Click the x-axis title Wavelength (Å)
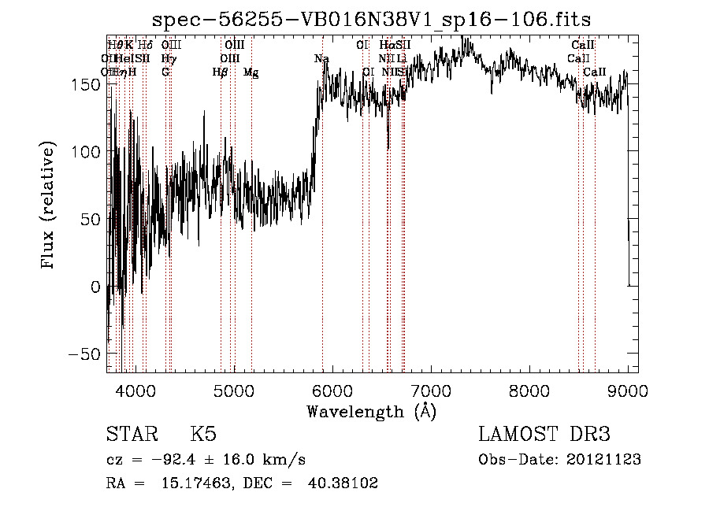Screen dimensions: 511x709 tap(372, 411)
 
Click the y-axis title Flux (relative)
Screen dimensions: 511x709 tap(50, 206)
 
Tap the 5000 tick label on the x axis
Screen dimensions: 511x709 tap(233, 391)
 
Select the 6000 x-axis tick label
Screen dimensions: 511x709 tap(332, 391)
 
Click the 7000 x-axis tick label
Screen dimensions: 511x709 tap(431, 391)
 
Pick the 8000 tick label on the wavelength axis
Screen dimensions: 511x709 tap(529, 391)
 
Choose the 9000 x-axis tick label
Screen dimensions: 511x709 tap(628, 391)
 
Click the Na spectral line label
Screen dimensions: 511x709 tap(321, 59)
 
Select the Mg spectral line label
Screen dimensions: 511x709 tap(251, 72)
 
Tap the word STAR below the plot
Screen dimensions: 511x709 tap(132, 435)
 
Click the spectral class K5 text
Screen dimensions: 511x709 tap(202, 435)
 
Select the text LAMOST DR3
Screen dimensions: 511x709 tap(544, 435)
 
